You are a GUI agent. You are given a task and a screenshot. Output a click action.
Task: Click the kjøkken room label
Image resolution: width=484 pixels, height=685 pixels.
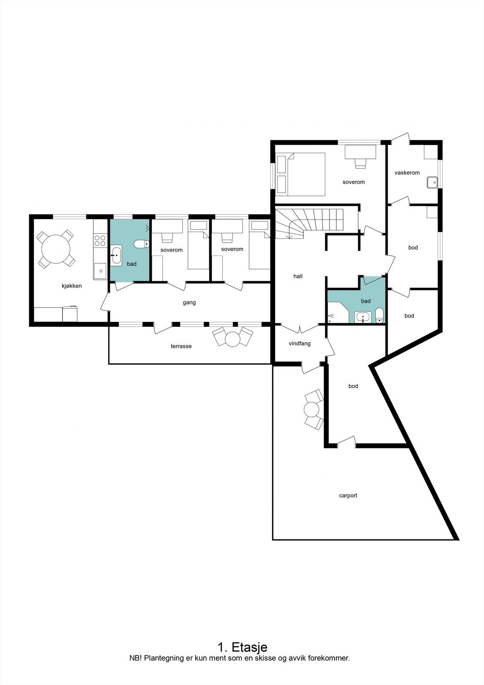(x=71, y=286)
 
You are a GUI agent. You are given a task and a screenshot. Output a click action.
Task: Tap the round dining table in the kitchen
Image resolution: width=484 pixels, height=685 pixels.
(x=56, y=249)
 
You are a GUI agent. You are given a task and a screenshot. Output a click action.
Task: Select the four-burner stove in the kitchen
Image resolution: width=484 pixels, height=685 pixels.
(x=100, y=240)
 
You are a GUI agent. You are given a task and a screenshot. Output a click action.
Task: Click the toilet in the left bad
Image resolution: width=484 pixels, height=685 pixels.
(x=141, y=244)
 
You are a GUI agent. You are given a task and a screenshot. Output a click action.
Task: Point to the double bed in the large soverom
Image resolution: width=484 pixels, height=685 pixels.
(x=306, y=175)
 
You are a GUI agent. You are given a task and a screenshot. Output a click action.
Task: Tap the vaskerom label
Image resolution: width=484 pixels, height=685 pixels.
(x=407, y=173)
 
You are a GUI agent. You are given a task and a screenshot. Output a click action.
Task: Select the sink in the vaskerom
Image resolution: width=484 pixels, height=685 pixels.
(x=432, y=182)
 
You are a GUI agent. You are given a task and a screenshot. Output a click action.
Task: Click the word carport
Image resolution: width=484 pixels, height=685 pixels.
(x=348, y=495)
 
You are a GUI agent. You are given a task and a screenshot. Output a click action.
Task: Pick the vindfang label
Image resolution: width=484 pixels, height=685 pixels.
(x=300, y=343)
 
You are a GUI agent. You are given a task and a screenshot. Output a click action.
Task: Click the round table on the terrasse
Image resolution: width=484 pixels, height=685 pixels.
(x=233, y=339)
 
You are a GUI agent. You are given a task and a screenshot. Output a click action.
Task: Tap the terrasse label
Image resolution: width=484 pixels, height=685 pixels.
(x=181, y=346)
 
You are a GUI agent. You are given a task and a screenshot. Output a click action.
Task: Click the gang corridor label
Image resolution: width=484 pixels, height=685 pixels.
(x=189, y=302)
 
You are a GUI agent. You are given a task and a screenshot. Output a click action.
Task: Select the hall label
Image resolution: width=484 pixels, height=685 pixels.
(x=298, y=276)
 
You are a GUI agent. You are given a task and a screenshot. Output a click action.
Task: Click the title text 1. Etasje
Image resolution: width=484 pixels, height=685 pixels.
(x=242, y=646)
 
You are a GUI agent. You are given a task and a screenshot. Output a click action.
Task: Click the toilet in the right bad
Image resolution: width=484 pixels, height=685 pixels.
(x=379, y=316)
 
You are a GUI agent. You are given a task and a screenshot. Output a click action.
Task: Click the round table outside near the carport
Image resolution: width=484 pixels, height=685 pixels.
(x=312, y=410)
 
